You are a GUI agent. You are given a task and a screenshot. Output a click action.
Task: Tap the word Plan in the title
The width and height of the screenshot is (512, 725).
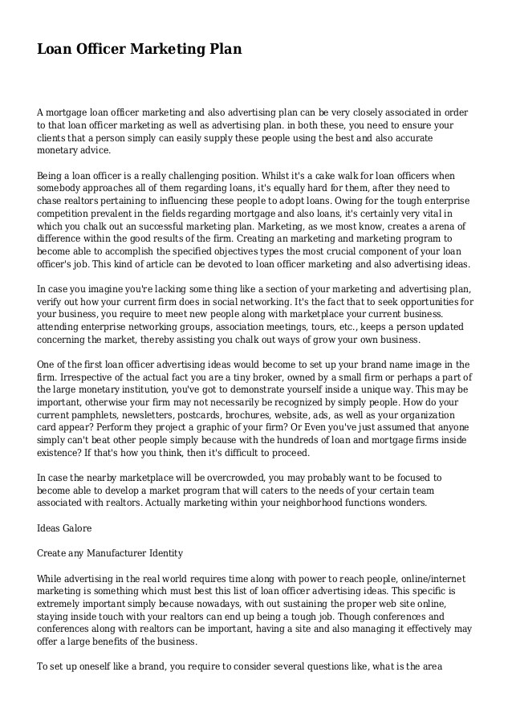click(226, 50)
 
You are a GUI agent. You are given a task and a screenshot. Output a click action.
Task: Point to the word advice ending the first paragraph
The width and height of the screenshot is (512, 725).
click(97, 150)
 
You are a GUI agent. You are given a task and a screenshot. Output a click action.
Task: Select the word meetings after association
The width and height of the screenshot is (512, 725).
click(274, 326)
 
